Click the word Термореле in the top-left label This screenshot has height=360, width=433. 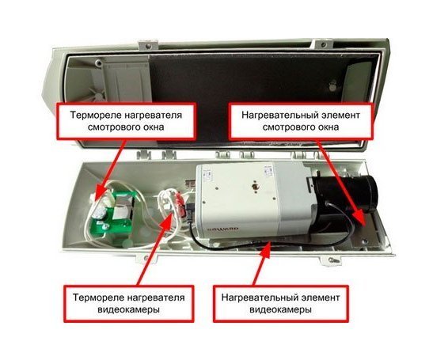[x=95, y=115]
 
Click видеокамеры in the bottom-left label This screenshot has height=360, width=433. [x=128, y=309]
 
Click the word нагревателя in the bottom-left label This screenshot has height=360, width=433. [x=156, y=297]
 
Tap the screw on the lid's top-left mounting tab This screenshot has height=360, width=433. [x=148, y=45]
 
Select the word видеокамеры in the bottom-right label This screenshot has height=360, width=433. [x=280, y=309]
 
